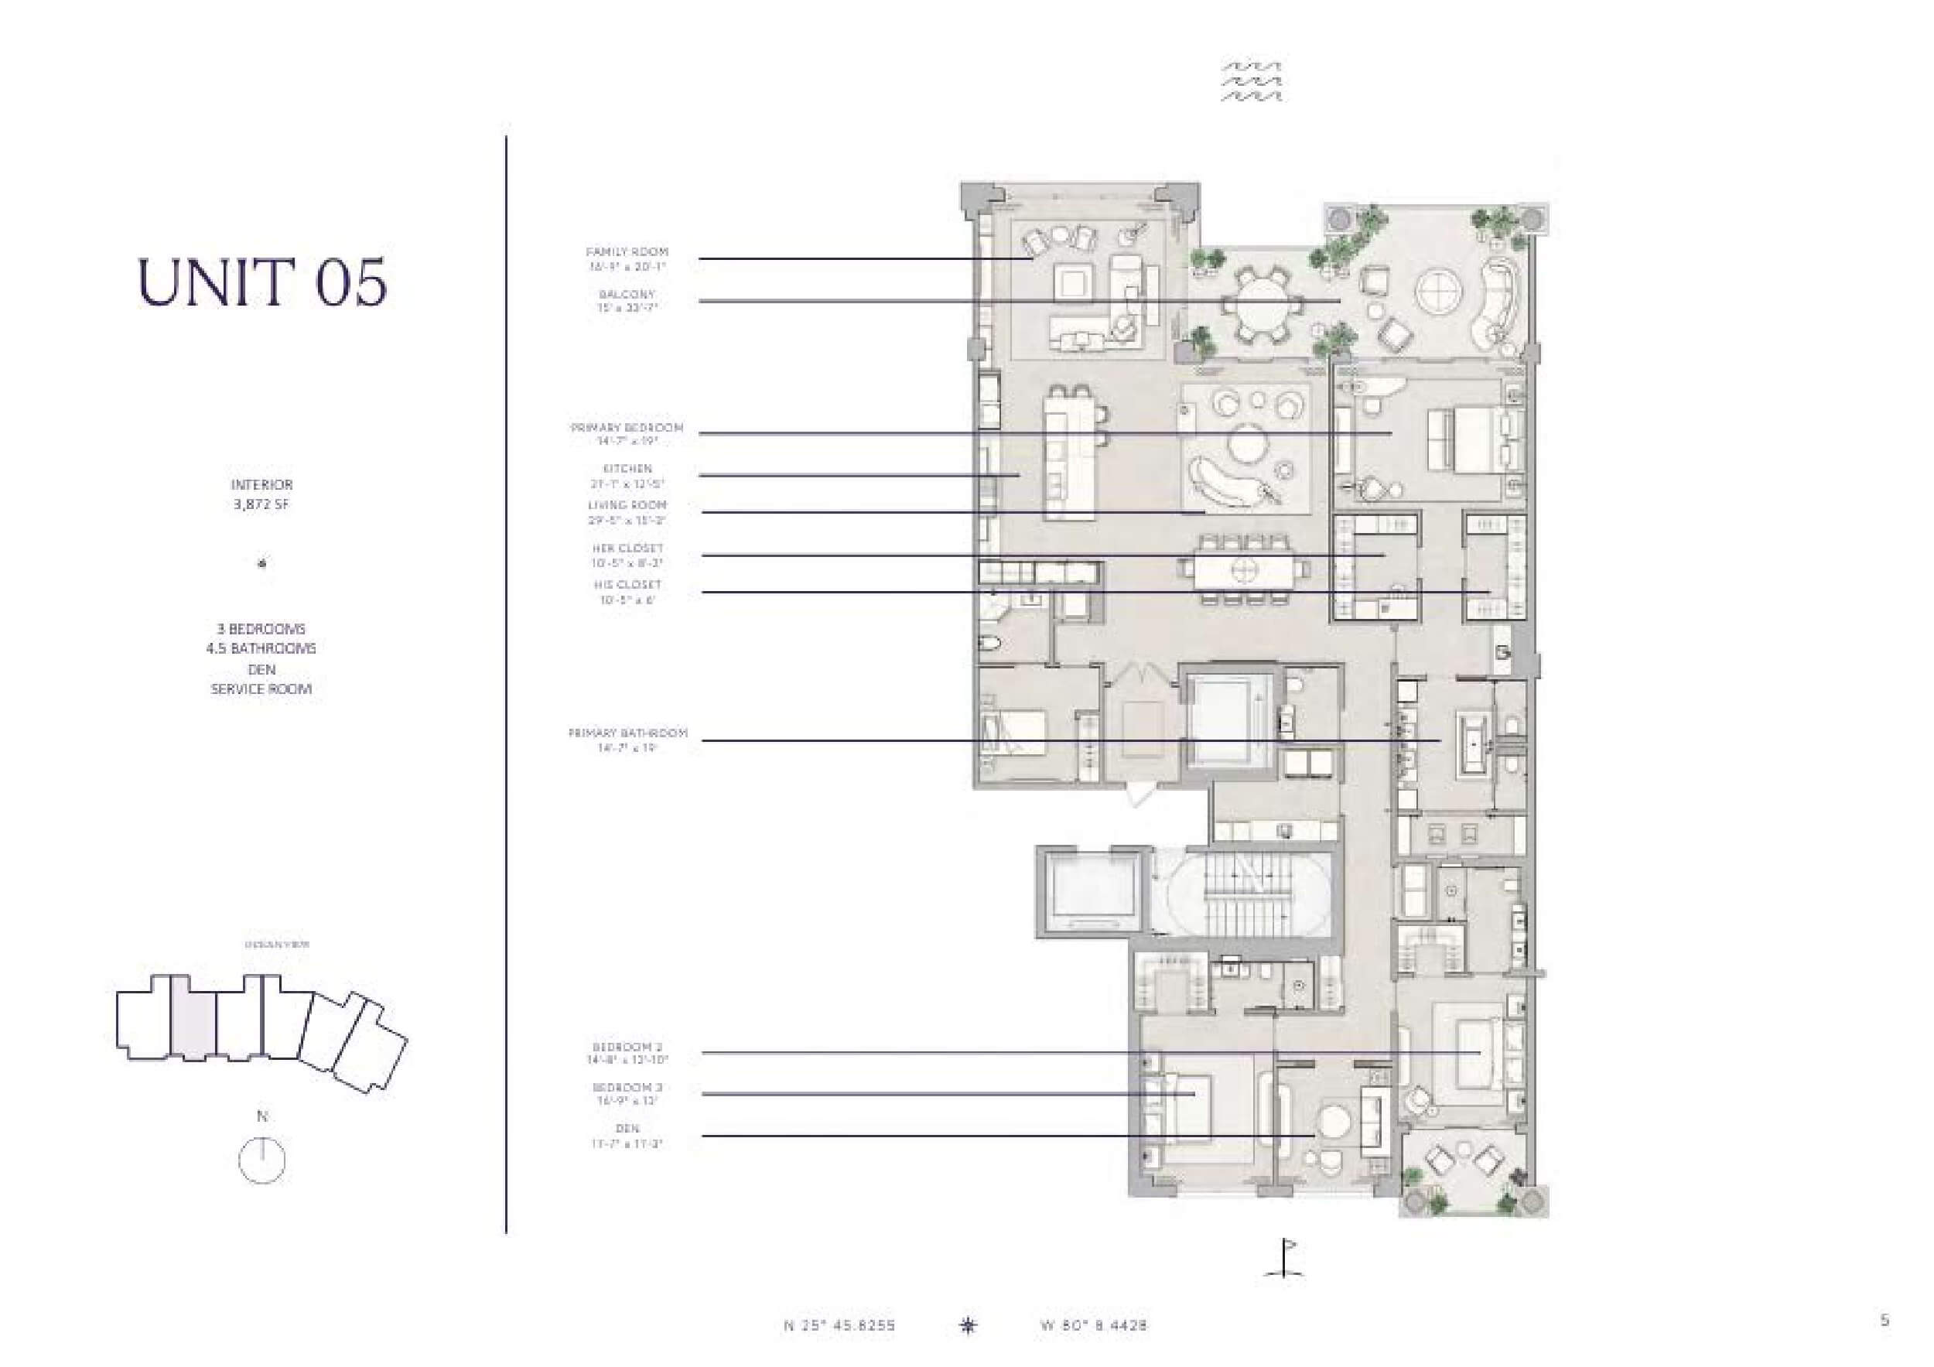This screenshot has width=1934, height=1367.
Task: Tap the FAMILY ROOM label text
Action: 627,252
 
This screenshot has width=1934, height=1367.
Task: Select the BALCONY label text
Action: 627,294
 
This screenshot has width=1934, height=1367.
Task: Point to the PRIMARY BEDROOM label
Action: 627,428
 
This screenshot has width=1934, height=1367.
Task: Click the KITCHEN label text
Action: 627,468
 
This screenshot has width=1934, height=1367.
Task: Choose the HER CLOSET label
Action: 627,549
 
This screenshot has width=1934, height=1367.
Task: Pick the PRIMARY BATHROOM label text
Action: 627,733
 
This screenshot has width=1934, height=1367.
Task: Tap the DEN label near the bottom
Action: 627,1128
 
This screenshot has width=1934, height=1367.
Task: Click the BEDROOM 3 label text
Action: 627,1088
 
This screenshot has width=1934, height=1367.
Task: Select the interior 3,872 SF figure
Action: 261,504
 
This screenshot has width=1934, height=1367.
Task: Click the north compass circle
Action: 262,1160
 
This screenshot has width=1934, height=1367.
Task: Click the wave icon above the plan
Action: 1252,81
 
